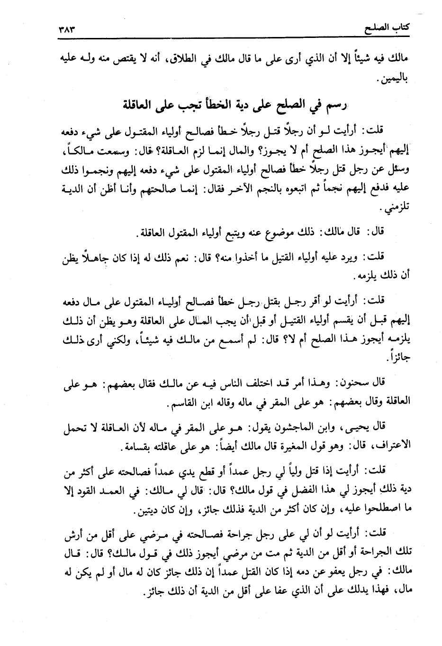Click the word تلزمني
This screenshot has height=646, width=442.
click(x=391, y=209)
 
